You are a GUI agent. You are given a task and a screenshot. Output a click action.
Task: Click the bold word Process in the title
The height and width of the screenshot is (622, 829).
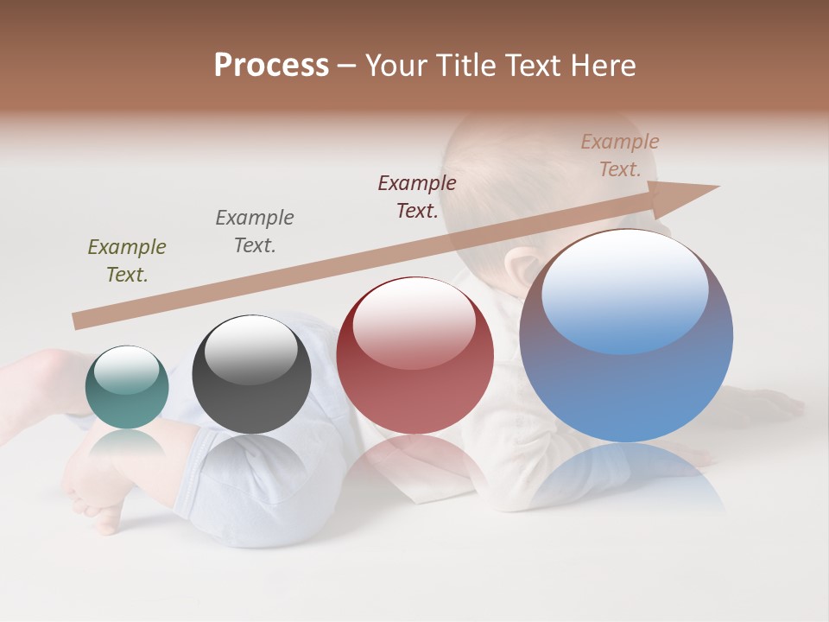[271, 65]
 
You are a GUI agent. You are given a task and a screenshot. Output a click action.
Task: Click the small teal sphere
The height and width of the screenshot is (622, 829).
[127, 388]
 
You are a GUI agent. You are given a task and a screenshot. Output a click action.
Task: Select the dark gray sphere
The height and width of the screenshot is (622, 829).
[251, 374]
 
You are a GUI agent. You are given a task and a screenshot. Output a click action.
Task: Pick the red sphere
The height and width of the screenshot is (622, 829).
[414, 355]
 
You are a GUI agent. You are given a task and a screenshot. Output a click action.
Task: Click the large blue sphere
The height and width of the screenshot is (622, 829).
[626, 337]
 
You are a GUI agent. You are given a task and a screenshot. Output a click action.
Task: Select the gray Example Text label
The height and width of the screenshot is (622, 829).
[255, 232]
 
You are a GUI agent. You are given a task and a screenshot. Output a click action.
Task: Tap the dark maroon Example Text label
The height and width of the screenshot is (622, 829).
[417, 197]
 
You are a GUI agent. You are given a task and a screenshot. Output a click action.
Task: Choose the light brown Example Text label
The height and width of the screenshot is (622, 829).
[619, 155]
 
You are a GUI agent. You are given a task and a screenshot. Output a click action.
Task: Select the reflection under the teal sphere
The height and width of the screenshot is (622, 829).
[127, 446]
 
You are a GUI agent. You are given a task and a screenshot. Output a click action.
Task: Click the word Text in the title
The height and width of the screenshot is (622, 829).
[534, 66]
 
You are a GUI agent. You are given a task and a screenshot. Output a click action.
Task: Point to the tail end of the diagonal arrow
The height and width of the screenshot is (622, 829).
[78, 321]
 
